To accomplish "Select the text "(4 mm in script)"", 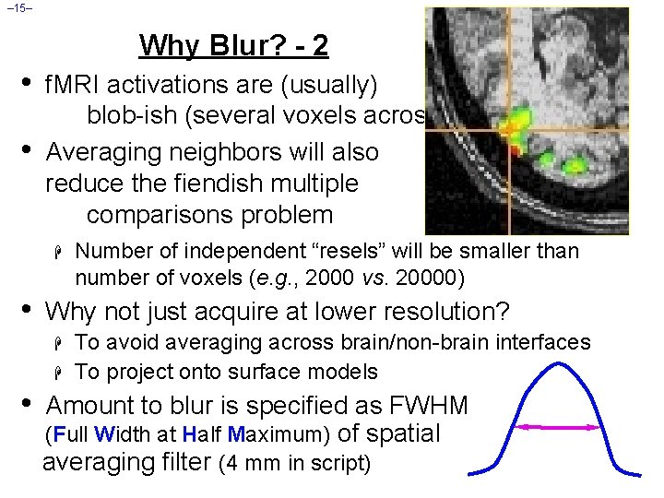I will pos(295,462).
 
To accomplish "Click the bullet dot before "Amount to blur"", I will pos(27,405).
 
